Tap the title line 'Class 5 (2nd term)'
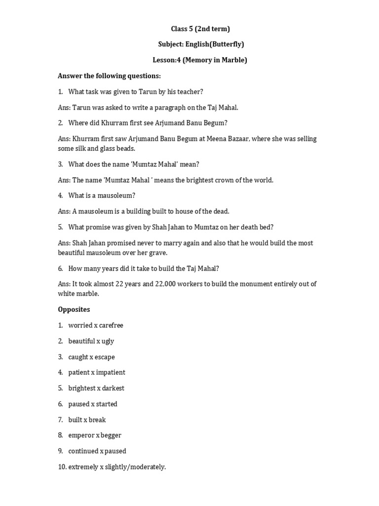pyautogui.click(x=200, y=29)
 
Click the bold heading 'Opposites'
pyautogui.click(x=74, y=309)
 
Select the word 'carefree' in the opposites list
pyautogui.click(x=111, y=326)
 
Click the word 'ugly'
pyautogui.click(x=108, y=341)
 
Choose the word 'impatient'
pyautogui.click(x=111, y=373)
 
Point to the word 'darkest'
pyautogui.click(x=113, y=388)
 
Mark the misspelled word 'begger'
pyautogui.click(x=111, y=435)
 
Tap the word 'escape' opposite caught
pyautogui.click(x=105, y=357)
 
